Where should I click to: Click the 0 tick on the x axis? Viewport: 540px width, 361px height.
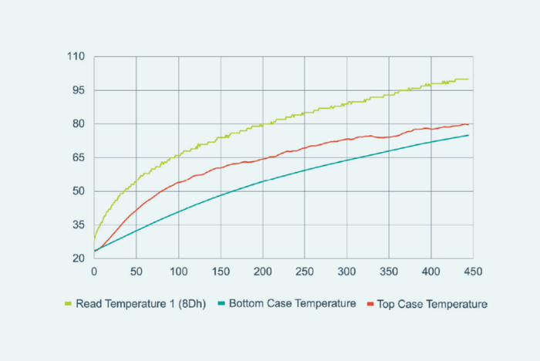[94, 272]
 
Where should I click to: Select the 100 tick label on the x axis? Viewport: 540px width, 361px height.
[178, 272]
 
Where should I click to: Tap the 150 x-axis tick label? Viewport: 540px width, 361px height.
[221, 272]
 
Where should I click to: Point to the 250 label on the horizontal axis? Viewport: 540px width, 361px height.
[305, 272]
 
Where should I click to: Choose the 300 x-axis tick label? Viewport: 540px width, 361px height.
[347, 272]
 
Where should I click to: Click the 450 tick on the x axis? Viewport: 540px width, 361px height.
[474, 272]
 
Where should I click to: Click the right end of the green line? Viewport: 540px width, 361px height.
[468, 79]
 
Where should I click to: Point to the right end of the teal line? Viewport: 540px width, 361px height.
[468, 135]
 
